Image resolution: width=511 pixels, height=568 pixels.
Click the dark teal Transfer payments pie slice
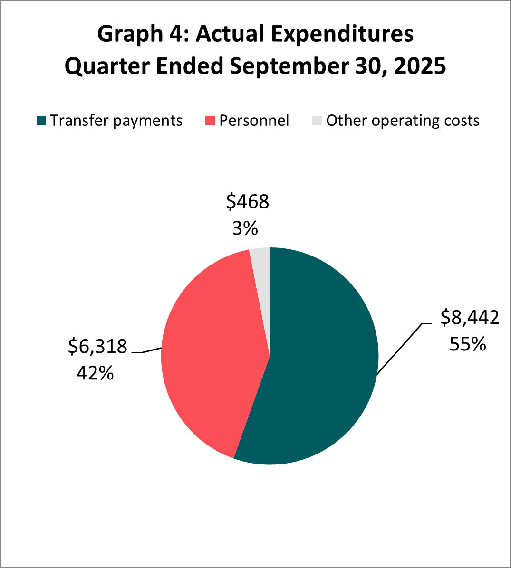318,361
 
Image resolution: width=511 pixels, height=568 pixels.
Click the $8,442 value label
470,317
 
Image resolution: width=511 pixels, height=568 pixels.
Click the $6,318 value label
98,346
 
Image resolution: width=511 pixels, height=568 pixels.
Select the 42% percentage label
95,373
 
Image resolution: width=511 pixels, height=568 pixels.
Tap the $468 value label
247,202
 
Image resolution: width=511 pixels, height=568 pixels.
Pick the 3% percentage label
245,229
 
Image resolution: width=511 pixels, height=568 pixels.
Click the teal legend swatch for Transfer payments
41,121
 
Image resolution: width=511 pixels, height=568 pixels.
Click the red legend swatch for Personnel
210,121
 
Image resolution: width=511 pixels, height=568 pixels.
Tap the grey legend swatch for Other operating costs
317,121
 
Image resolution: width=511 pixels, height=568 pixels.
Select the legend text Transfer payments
116,121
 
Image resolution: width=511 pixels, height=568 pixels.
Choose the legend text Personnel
254,121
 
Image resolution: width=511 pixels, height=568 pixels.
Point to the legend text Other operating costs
403,121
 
